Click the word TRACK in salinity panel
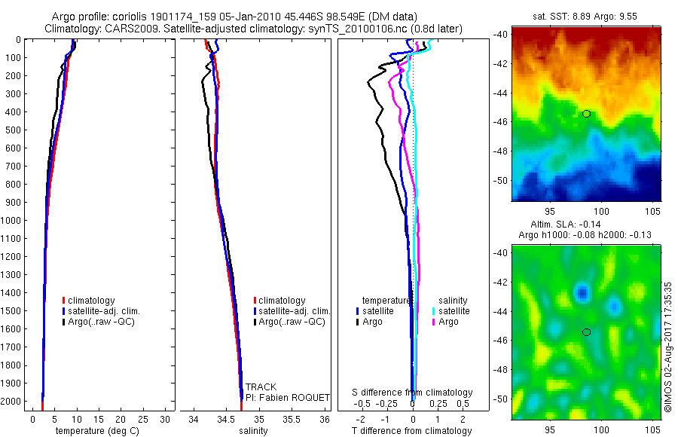[261, 387]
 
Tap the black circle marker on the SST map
[586, 114]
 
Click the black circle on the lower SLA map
[586, 332]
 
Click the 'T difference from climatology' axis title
[411, 431]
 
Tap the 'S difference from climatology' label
[413, 393]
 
